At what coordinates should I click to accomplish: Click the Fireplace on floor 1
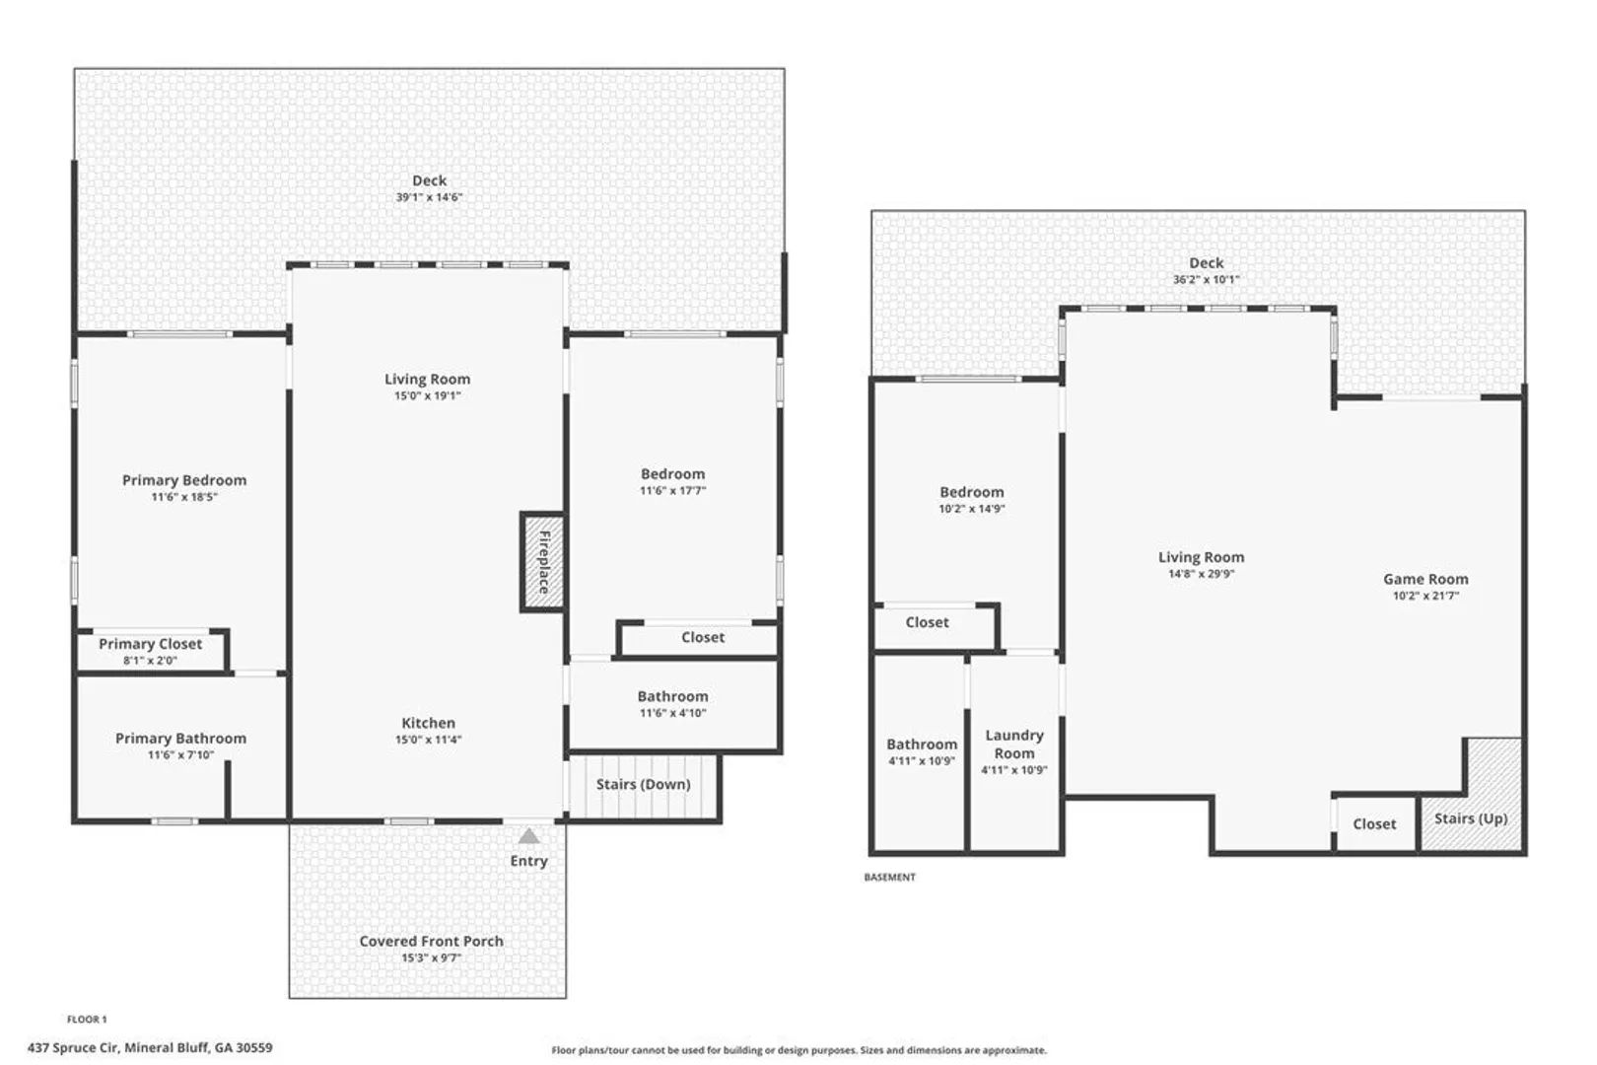click(x=543, y=562)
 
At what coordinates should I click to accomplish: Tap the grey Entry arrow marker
click(x=528, y=835)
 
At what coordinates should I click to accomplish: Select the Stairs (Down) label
click(x=643, y=785)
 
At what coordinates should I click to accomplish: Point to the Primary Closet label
click(x=151, y=643)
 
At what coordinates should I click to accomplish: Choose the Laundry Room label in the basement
click(x=1013, y=744)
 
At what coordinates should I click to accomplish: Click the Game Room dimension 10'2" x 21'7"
click(x=1425, y=596)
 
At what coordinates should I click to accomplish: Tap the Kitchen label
click(x=428, y=723)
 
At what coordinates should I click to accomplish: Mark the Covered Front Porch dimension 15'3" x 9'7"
click(x=431, y=958)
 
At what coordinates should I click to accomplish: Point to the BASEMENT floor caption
click(x=890, y=878)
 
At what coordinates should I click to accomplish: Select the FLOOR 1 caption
click(x=87, y=1020)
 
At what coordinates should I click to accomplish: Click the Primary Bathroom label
click(x=181, y=739)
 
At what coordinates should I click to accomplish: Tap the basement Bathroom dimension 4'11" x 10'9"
click(x=921, y=761)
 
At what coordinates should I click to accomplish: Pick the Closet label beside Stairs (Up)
click(x=1374, y=823)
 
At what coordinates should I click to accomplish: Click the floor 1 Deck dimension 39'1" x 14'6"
click(x=429, y=197)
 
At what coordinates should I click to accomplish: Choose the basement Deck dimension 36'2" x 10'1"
click(x=1207, y=280)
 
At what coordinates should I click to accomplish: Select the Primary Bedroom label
click(x=184, y=480)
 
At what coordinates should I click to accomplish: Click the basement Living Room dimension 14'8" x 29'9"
click(x=1201, y=574)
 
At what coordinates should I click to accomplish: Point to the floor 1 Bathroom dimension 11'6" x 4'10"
click(x=672, y=713)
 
